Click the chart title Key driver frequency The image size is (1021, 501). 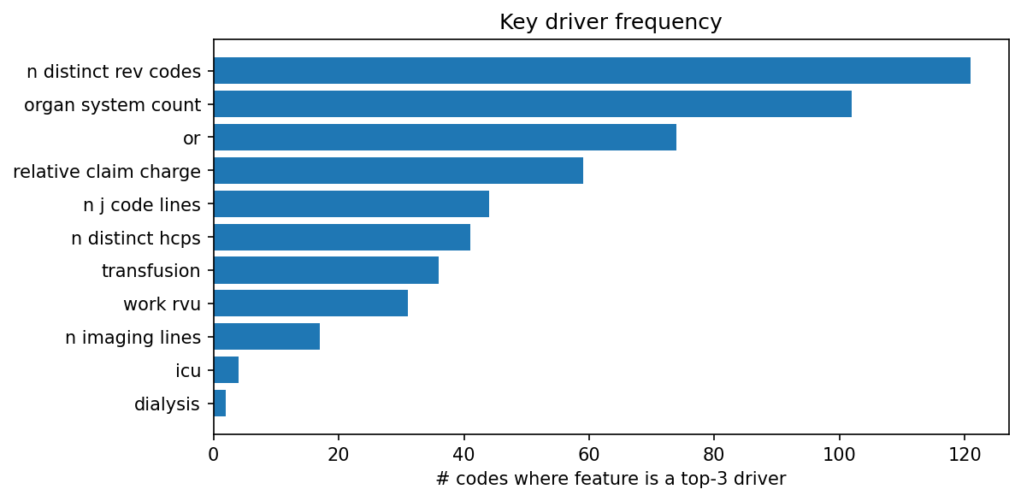point(610,22)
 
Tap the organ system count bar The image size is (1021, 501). point(532,104)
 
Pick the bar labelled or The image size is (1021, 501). point(445,138)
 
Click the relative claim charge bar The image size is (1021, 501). point(398,171)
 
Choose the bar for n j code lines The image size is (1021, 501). point(351,204)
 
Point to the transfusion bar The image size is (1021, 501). point(326,271)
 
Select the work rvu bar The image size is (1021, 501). point(310,304)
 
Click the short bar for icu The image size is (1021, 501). point(226,371)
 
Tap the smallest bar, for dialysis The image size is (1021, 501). point(220,404)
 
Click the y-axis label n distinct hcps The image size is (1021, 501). point(136,238)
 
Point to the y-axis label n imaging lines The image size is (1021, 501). point(133,338)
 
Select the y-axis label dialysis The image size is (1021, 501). point(167,404)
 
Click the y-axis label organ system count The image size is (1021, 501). point(112,105)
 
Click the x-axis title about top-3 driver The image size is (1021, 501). point(610,480)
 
